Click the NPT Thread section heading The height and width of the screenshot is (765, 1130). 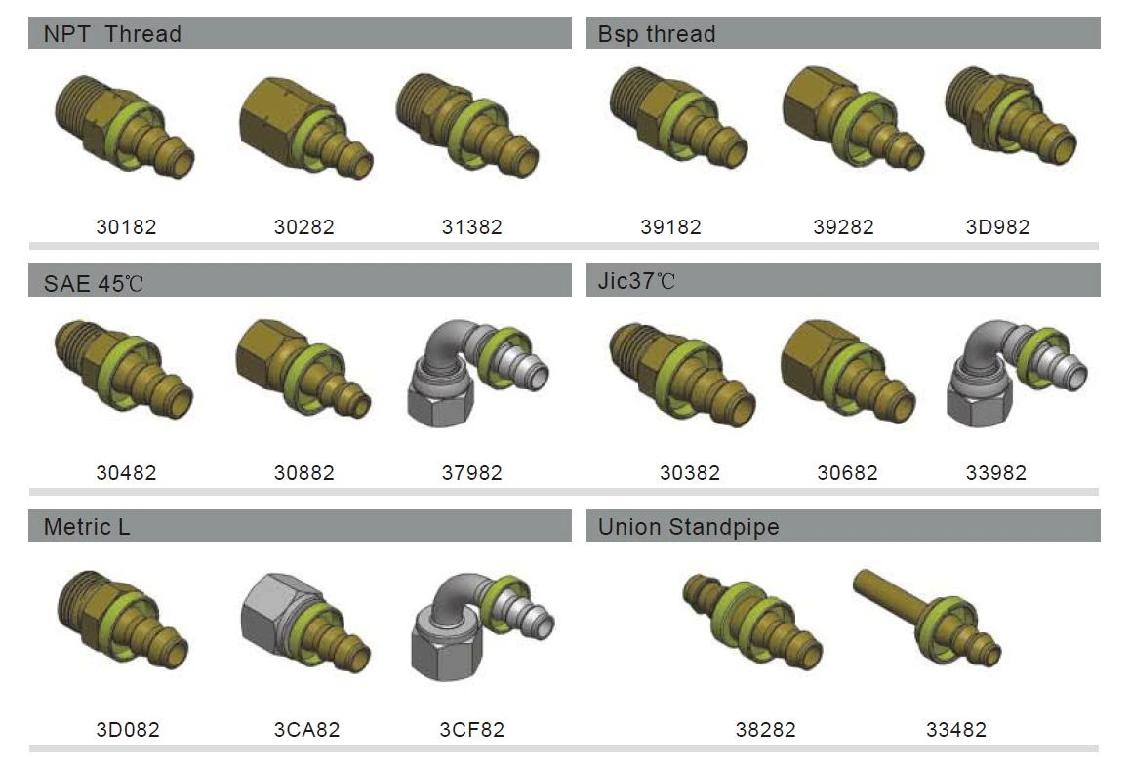pos(112,34)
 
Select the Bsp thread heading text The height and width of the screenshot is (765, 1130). pos(657,34)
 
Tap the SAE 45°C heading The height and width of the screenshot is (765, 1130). pos(93,283)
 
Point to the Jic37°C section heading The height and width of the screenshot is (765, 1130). pos(636,280)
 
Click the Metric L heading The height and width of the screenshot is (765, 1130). pos(87,527)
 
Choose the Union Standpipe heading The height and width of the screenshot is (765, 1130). pos(688,527)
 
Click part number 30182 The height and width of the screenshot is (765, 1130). pos(126,227)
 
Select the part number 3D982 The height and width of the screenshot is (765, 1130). pos(997,227)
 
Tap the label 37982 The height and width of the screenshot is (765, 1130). pos(471,472)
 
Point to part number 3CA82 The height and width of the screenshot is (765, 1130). pos(306,730)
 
